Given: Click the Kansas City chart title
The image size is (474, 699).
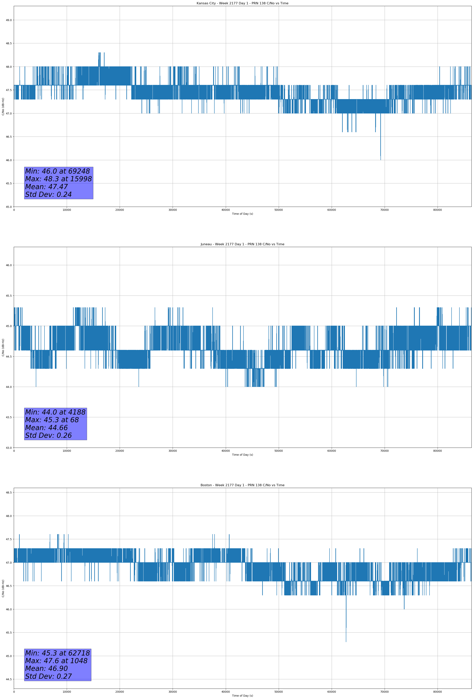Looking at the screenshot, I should [x=242, y=3].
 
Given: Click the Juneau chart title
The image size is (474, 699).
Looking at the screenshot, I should [x=242, y=244].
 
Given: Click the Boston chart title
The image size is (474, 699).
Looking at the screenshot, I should [x=242, y=485].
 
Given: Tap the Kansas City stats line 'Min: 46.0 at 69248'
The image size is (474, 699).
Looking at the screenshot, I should [x=57, y=171].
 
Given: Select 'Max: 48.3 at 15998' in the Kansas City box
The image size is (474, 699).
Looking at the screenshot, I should [x=58, y=179].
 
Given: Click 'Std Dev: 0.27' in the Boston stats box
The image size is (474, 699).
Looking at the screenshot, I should [x=48, y=676].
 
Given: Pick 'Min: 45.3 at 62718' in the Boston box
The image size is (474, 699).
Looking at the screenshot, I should [x=57, y=653].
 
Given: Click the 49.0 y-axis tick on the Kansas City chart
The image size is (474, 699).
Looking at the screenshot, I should [x=9, y=20].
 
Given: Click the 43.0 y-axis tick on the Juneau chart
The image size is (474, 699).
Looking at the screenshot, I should [x=9, y=448].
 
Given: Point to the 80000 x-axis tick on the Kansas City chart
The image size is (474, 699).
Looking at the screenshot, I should [x=437, y=210].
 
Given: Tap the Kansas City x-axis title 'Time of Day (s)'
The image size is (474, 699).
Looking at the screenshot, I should [x=242, y=214].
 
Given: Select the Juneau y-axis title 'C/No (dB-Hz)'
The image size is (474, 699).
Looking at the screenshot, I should [x=3, y=347].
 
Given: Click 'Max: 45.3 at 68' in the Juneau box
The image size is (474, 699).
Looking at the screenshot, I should [x=52, y=420].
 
